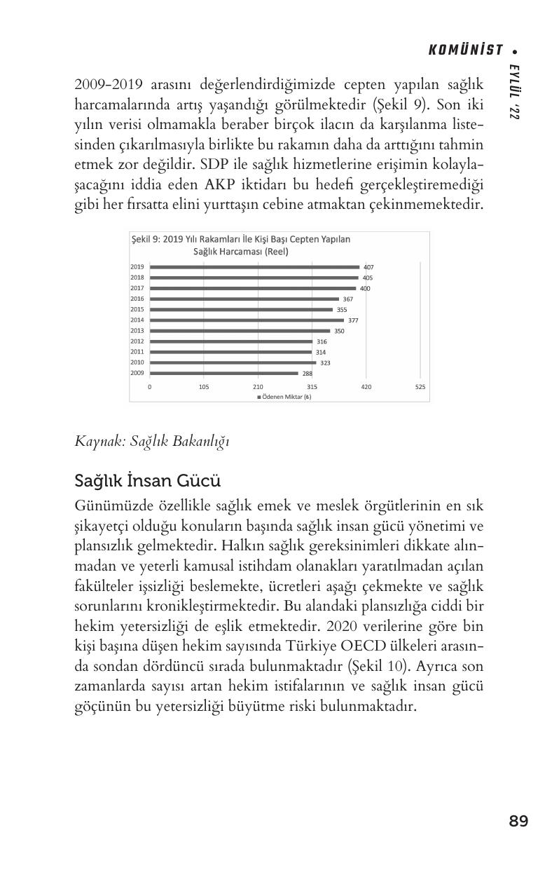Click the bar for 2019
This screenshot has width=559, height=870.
[x=254, y=267]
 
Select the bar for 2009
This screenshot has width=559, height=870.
[x=224, y=374]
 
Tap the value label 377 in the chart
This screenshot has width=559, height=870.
[x=353, y=320]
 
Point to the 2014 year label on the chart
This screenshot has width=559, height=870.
[x=137, y=320]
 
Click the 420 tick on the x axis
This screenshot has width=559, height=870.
[x=366, y=387]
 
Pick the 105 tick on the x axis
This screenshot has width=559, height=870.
[x=204, y=387]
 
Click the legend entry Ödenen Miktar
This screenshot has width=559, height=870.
[x=284, y=396]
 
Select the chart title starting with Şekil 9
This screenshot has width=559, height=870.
[x=241, y=245]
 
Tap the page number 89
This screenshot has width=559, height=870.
[x=518, y=821]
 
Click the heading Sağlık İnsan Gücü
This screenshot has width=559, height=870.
[x=147, y=482]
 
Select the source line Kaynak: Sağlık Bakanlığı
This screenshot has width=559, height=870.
[x=152, y=441]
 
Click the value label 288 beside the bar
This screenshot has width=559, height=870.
[x=308, y=374]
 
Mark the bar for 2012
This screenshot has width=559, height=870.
[x=231, y=341]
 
